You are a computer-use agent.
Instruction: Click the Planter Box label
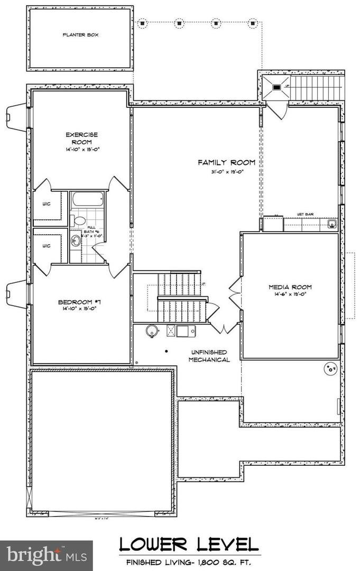pyautogui.click(x=80, y=35)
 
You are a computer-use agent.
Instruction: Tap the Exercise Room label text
pyautogui.click(x=82, y=139)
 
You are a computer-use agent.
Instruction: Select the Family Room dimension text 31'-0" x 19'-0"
pyautogui.click(x=226, y=171)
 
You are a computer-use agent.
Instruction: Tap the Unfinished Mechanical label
pyautogui.click(x=209, y=356)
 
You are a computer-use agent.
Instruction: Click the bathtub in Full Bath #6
pyautogui.click(x=88, y=200)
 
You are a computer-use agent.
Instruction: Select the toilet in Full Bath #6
pyautogui.click(x=80, y=220)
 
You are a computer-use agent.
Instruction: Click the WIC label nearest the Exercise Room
pyautogui.click(x=47, y=205)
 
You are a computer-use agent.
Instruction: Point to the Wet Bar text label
pyautogui.click(x=303, y=214)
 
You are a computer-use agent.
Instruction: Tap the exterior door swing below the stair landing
pyautogui.click(x=276, y=109)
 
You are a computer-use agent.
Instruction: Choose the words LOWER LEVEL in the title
pyautogui.click(x=189, y=545)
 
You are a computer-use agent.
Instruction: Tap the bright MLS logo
pyautogui.click(x=46, y=555)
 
